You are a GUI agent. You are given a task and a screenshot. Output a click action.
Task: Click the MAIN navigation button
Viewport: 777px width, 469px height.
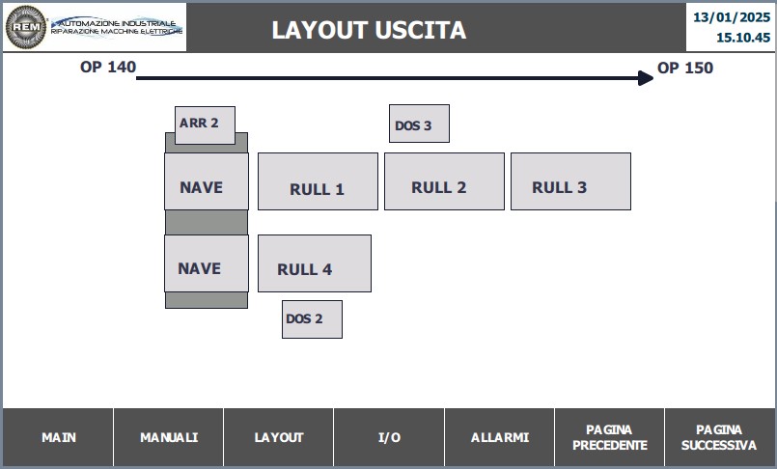58,437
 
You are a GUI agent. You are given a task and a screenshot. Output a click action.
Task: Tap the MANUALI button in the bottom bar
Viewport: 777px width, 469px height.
169,437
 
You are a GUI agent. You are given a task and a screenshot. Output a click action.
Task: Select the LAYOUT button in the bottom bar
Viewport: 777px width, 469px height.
279,437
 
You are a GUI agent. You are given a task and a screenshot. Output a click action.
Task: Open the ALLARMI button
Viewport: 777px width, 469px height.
500,437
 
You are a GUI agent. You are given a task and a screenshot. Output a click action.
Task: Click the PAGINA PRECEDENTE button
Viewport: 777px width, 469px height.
609,437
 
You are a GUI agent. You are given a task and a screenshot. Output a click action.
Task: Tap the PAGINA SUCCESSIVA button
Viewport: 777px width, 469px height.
719,437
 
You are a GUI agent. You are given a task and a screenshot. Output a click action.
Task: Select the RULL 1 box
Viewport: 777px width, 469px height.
318,181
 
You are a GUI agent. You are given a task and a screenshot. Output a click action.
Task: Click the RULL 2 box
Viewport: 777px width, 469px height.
444,181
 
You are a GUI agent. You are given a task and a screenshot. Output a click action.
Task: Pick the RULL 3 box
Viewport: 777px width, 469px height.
570,181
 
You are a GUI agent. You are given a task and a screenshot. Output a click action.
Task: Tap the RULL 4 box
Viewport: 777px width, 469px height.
314,263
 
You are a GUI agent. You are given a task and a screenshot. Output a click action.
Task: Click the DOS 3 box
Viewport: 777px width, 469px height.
419,124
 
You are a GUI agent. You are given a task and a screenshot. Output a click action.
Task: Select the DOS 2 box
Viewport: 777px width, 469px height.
312,319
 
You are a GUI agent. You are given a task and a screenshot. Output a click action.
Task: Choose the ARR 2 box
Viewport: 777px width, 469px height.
206,125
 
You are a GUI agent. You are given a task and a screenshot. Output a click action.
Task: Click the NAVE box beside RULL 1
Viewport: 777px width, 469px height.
207,181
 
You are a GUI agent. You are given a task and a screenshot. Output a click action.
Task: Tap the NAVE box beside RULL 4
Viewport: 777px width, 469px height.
207,263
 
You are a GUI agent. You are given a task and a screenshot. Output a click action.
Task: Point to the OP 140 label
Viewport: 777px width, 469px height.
108,67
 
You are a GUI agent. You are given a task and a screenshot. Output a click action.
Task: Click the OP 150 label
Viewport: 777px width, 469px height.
685,68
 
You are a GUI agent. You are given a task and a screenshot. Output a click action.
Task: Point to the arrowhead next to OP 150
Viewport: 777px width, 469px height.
646,78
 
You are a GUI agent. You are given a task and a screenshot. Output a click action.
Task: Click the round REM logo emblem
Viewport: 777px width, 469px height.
26,27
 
